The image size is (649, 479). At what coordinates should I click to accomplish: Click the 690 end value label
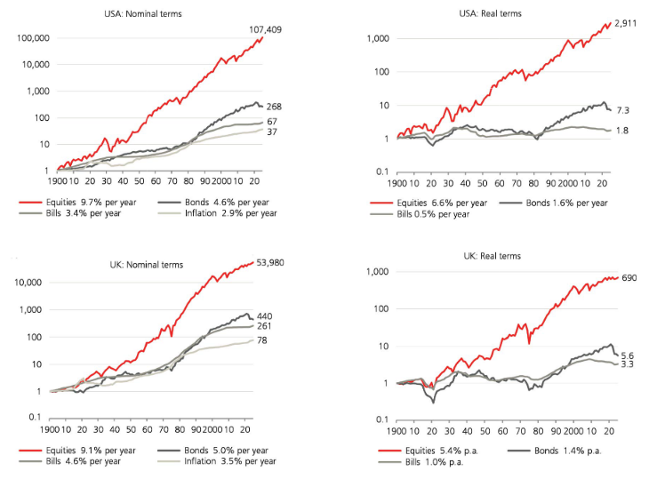tap(629, 278)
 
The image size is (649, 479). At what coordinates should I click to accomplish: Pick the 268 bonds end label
tap(275, 107)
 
